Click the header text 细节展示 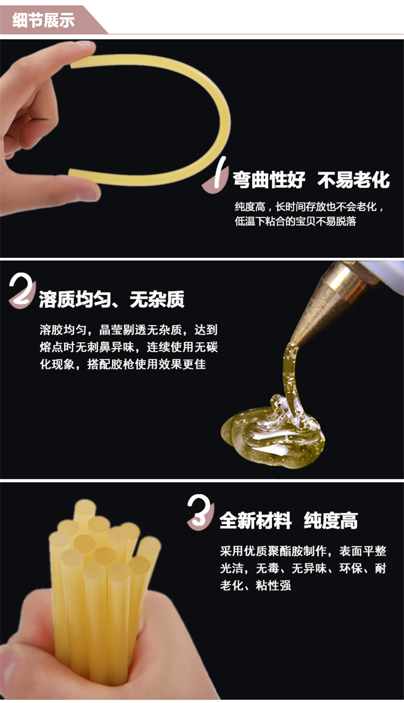44,21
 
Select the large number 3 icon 200,512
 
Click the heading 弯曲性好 269,180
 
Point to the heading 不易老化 353,180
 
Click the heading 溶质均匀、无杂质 112,300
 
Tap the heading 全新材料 256,521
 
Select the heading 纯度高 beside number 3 331,521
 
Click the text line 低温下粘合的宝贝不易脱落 295,222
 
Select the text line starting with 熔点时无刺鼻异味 128,347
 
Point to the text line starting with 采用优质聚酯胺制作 303,551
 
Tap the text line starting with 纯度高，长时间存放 310,207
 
